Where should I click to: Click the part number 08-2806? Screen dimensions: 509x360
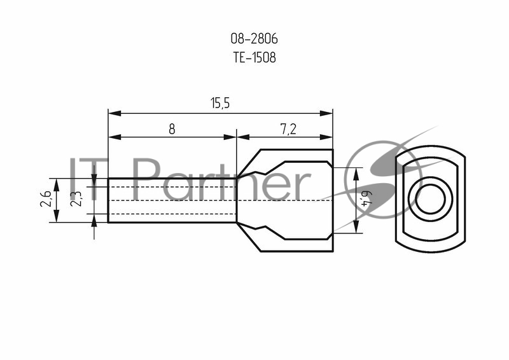point(254,39)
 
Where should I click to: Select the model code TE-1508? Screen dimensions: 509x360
point(254,58)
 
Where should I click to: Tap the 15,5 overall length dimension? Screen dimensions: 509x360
point(220,104)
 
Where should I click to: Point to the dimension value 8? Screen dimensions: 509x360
point(172,129)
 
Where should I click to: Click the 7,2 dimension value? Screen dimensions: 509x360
point(288,130)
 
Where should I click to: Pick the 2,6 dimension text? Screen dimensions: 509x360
point(45,198)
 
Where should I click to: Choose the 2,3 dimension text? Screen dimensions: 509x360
point(76,198)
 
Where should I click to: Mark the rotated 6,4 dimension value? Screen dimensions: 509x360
point(367,199)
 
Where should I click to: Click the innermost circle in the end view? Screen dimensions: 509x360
point(430,199)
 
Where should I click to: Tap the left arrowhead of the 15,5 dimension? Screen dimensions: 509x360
point(115,113)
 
